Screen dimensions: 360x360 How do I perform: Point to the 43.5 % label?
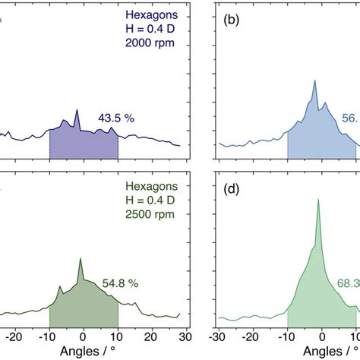click(113, 118)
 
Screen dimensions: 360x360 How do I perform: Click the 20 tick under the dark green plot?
click(152, 333)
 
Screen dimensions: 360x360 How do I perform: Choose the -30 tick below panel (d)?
click(219, 333)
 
